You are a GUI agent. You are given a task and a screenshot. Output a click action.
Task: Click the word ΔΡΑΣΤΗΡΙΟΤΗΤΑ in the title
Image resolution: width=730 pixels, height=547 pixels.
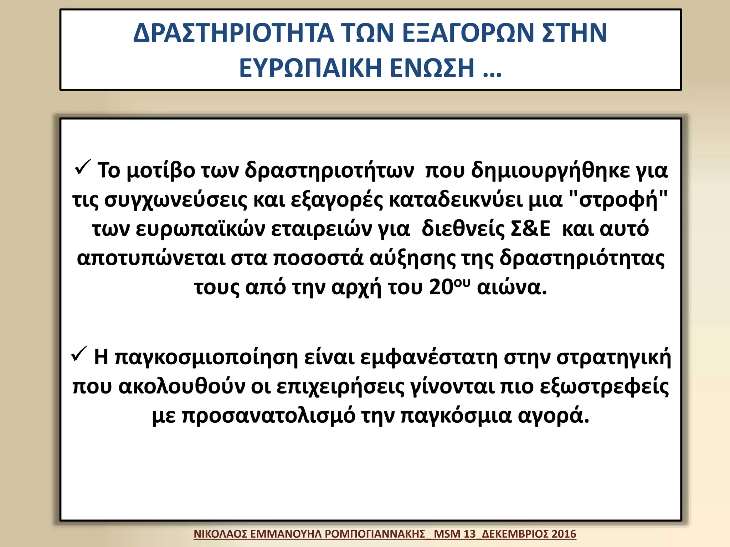point(233,33)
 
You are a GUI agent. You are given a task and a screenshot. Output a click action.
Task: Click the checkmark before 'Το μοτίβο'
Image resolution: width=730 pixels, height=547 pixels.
point(83,167)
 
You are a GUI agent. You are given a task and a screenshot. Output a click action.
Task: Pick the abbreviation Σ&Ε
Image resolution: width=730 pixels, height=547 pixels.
point(530,229)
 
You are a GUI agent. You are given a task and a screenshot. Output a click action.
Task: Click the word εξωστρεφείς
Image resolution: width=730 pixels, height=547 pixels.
point(604,386)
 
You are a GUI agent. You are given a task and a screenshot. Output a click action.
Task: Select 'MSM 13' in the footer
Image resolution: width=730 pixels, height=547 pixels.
point(455,534)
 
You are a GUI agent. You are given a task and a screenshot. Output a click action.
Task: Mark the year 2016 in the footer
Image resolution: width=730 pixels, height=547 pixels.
point(564,534)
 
